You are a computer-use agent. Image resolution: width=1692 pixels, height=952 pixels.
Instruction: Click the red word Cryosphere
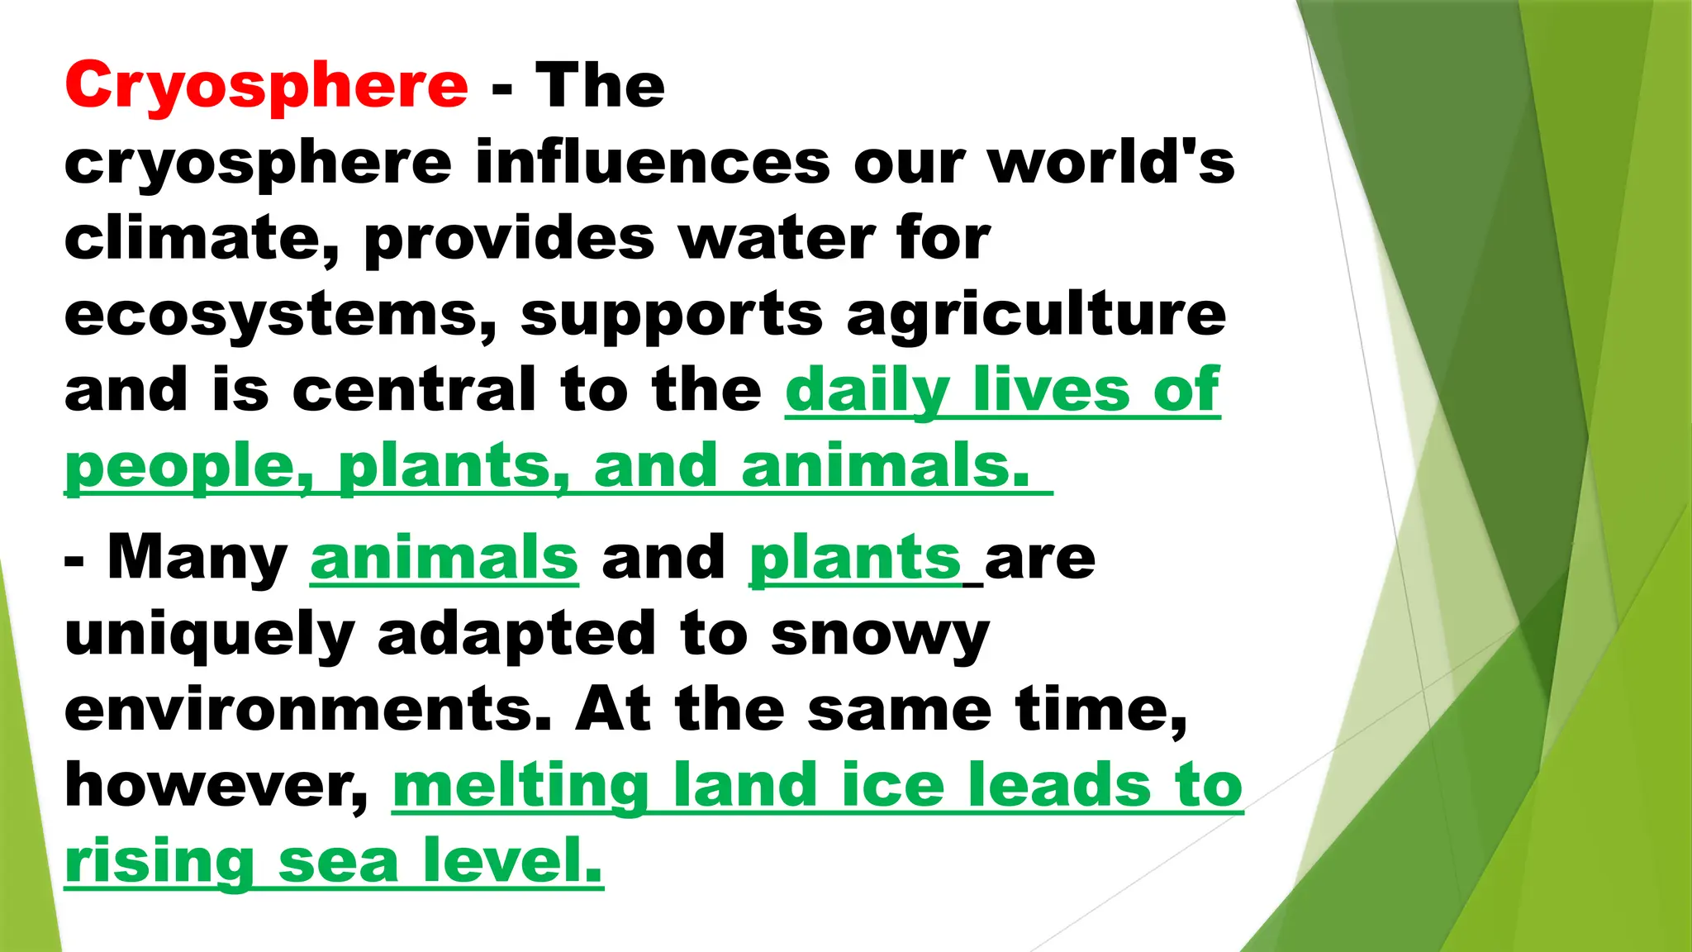(x=266, y=86)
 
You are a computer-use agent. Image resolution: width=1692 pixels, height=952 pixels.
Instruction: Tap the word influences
(x=653, y=162)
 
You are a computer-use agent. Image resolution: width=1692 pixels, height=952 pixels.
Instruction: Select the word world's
(x=1111, y=162)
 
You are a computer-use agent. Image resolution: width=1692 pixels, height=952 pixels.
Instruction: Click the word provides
(x=509, y=239)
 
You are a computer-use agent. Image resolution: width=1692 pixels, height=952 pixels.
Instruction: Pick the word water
(x=775, y=239)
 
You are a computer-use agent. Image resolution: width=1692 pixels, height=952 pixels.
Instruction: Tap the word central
(x=414, y=390)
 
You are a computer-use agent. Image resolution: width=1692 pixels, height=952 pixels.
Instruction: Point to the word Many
(x=197, y=559)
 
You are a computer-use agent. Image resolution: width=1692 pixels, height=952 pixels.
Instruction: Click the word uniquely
(x=209, y=635)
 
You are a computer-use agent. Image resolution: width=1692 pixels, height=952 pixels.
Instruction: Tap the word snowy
(x=880, y=635)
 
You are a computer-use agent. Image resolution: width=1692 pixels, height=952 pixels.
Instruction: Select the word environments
(x=308, y=710)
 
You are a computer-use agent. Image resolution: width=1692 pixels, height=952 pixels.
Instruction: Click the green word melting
(x=520, y=786)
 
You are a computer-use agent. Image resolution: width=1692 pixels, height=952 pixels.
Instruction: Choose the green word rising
(x=159, y=862)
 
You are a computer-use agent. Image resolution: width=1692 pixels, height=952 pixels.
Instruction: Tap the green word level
(x=512, y=862)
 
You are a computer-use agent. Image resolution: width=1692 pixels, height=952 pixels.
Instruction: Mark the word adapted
(x=516, y=635)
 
